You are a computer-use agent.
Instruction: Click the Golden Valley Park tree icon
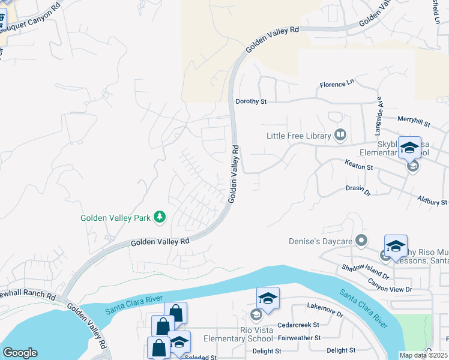pyautogui.click(x=160, y=217)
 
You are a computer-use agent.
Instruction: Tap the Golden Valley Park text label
pyautogui.click(x=115, y=218)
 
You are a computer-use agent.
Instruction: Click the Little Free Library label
pyautogui.click(x=299, y=136)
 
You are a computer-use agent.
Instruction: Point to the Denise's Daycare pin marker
pyautogui.click(x=361, y=241)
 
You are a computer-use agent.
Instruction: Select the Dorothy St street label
pyautogui.click(x=251, y=102)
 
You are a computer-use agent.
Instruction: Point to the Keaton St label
pyautogui.click(x=360, y=164)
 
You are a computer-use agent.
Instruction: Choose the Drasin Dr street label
pyautogui.click(x=358, y=190)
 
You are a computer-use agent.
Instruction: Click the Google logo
pyautogui.click(x=20, y=352)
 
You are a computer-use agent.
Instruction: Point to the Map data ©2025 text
pyautogui.click(x=423, y=355)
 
